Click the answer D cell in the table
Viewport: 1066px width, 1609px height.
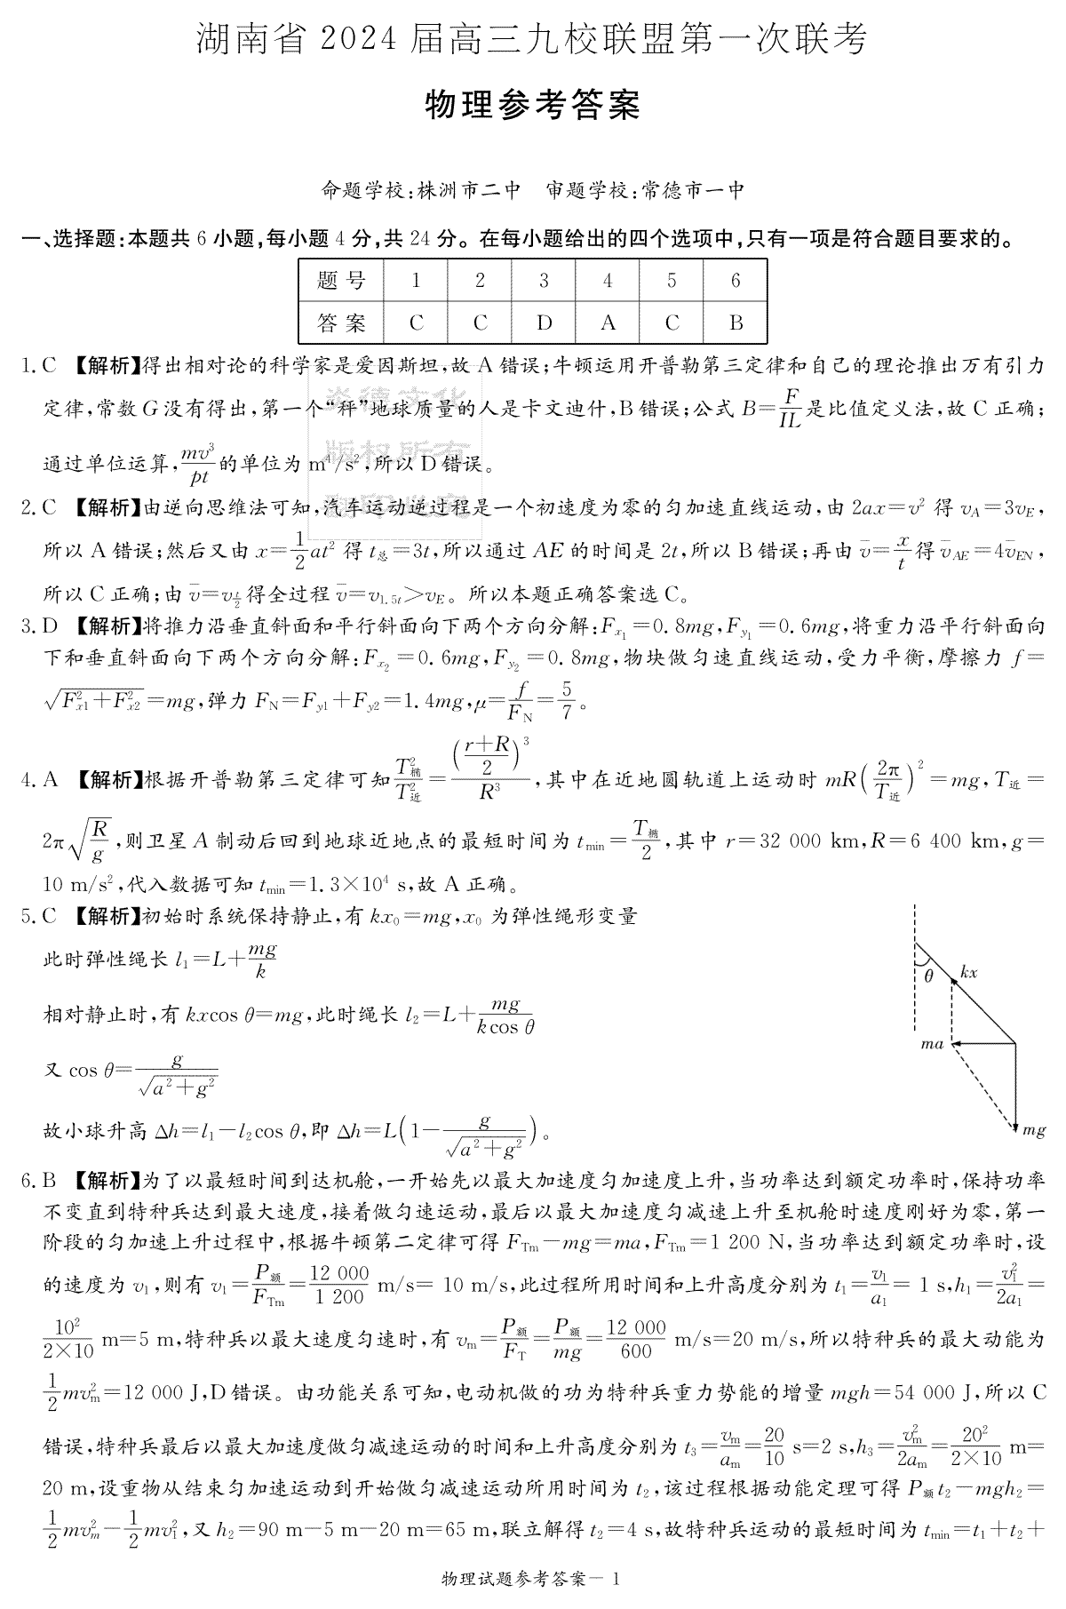544,323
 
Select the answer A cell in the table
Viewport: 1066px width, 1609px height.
608,323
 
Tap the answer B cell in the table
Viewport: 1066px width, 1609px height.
736,323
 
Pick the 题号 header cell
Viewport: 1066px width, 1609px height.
341,281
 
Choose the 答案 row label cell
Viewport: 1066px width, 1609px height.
341,323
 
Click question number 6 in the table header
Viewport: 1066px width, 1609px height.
736,281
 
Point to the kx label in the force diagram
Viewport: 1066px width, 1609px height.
968,972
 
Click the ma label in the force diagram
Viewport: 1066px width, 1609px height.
932,1044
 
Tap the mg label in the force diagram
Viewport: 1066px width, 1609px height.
1033,1129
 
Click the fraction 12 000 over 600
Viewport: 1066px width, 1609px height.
636,1338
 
